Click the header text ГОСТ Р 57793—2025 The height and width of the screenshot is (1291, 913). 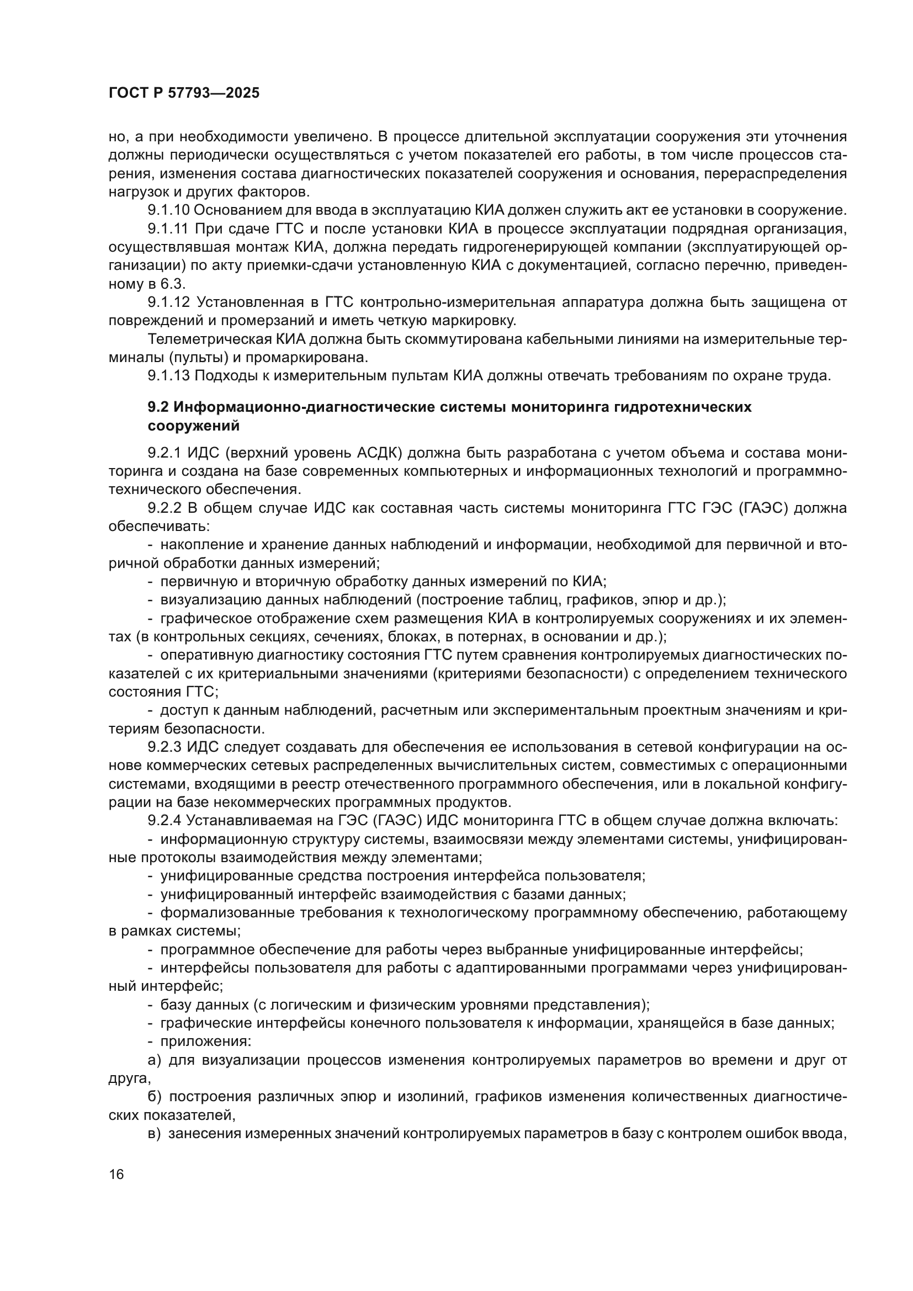point(184,93)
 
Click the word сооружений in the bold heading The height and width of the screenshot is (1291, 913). point(193,426)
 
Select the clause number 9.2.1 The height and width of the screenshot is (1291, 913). point(164,453)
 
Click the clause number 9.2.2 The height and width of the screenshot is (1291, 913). point(164,508)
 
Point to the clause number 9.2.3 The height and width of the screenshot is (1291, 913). point(164,747)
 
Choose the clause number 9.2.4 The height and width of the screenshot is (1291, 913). point(164,821)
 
